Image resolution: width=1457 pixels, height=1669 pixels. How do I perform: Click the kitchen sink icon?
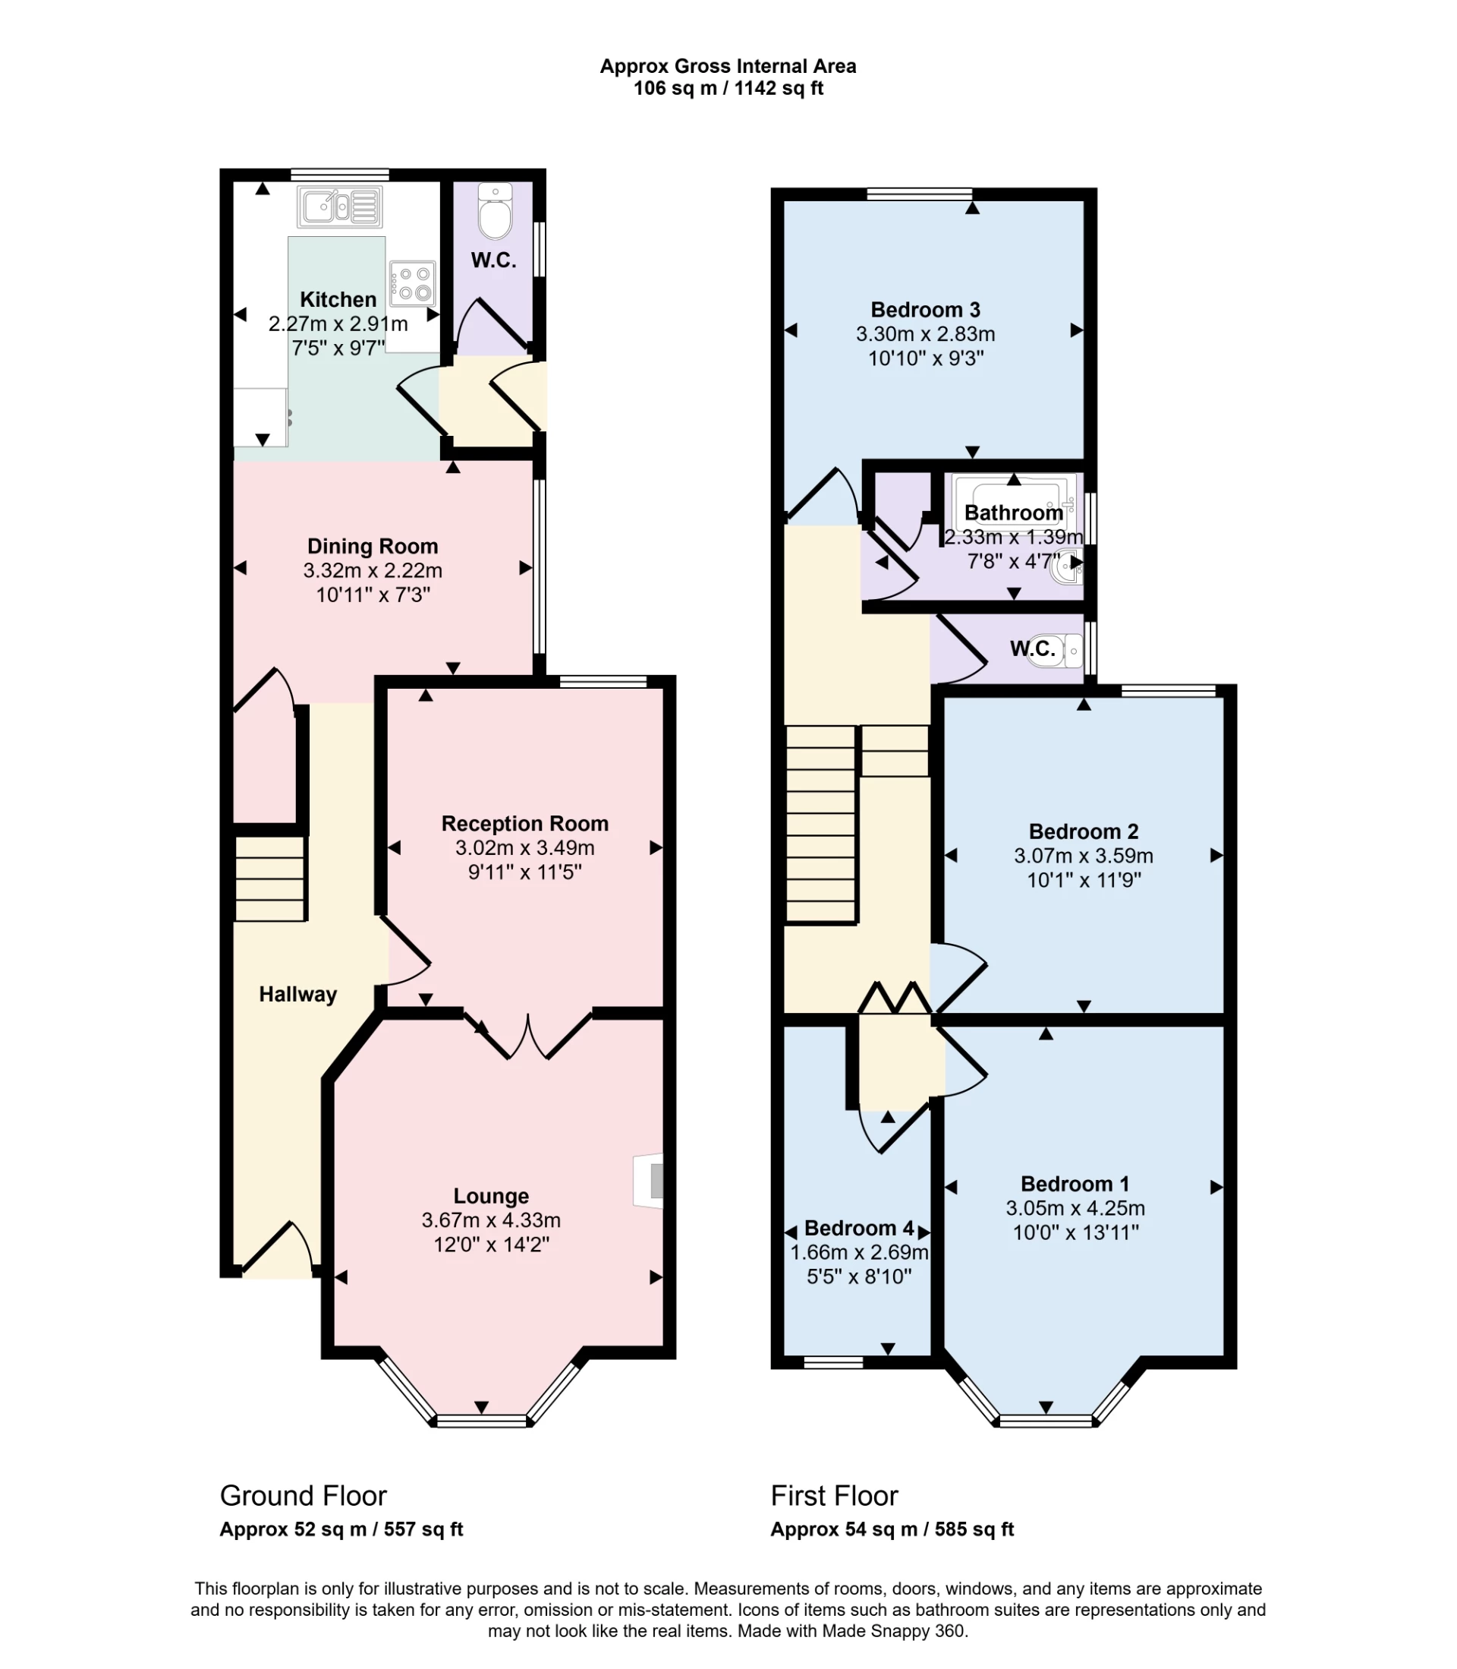point(340,207)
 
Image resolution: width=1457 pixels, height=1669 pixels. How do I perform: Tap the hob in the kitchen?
point(412,283)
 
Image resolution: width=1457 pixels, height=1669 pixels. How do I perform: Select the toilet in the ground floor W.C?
point(495,213)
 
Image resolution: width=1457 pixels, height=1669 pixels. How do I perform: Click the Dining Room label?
point(373,546)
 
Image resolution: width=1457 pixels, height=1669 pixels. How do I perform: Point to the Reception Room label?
point(524,823)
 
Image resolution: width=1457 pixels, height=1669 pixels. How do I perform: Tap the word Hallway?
point(297,994)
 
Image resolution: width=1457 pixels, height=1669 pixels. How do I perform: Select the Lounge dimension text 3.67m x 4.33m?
point(490,1220)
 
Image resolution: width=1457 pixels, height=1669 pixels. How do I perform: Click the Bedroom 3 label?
point(925,310)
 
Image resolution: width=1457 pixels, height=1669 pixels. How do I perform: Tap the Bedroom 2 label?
point(1083,831)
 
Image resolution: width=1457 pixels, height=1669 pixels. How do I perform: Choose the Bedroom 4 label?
point(858,1228)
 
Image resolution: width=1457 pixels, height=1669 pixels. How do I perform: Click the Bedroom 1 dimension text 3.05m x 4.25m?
point(1075,1208)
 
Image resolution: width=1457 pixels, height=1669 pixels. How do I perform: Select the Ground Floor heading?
point(303,1496)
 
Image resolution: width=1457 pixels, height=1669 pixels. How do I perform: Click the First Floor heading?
point(834,1496)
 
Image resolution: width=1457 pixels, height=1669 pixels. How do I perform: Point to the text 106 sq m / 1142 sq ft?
point(728,89)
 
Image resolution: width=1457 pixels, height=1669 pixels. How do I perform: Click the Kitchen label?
point(338,299)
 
